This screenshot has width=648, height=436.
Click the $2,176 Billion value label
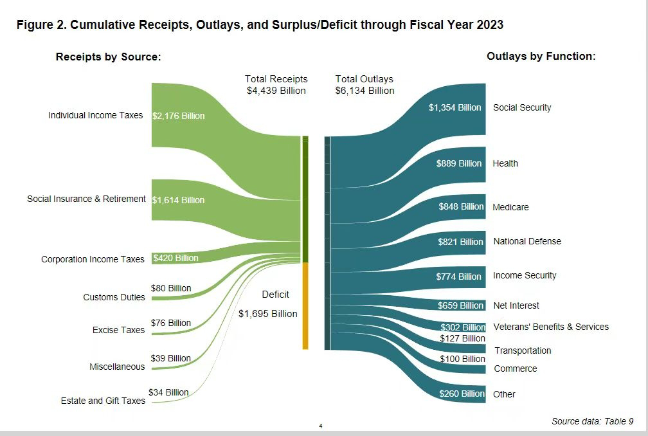click(179, 116)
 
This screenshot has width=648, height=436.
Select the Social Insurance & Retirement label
click(86, 199)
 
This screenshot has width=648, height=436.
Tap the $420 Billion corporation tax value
click(175, 259)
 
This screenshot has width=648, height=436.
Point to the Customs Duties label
click(114, 297)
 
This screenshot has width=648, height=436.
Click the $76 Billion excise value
click(170, 323)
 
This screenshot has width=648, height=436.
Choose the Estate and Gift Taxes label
click(104, 401)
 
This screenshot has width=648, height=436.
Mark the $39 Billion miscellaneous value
click(170, 358)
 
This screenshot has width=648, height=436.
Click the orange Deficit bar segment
click(305, 306)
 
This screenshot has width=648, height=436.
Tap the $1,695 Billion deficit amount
click(267, 314)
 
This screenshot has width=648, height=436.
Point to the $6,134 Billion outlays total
click(364, 91)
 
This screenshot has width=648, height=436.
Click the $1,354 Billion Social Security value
click(455, 107)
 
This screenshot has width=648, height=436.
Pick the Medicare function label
click(510, 207)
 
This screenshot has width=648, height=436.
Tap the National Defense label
click(526, 241)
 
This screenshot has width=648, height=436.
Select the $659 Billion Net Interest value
click(460, 305)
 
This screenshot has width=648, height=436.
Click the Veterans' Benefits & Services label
click(550, 327)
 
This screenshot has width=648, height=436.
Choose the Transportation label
click(523, 350)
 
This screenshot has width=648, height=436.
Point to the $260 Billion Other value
click(462, 394)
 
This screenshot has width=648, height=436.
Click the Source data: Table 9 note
click(592, 421)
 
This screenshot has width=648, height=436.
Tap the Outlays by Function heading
click(541, 57)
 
